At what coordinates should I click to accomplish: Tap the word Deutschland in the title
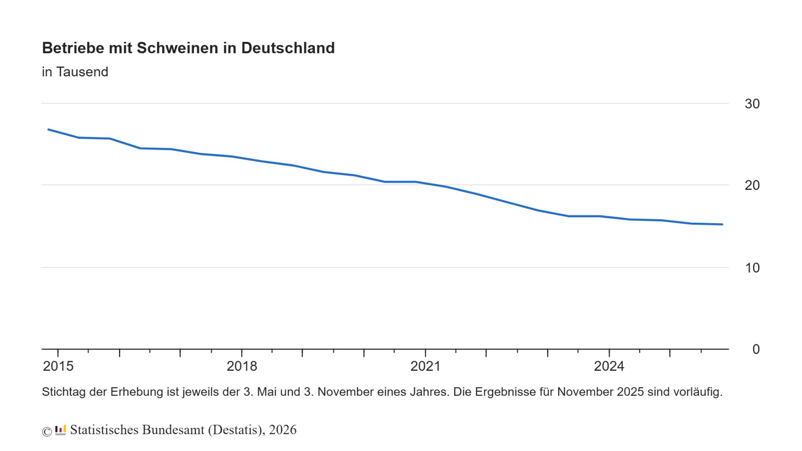[287, 48]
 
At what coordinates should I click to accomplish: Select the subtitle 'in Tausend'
[75, 72]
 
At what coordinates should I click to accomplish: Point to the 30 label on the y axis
[752, 104]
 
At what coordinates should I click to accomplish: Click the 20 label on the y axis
[752, 185]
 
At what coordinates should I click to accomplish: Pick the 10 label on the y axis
[752, 268]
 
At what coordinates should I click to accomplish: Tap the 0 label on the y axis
[756, 349]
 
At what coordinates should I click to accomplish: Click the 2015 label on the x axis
[58, 366]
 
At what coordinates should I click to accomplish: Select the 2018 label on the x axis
[241, 366]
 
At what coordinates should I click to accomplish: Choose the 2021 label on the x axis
[425, 366]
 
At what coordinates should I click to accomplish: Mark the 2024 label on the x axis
[609, 366]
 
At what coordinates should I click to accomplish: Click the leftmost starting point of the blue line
[49, 130]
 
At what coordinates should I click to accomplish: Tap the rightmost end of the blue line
[722, 224]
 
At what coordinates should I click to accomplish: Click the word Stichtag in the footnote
[64, 392]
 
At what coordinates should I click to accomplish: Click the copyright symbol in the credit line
[47, 431]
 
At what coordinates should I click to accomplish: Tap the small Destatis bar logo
[61, 430]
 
